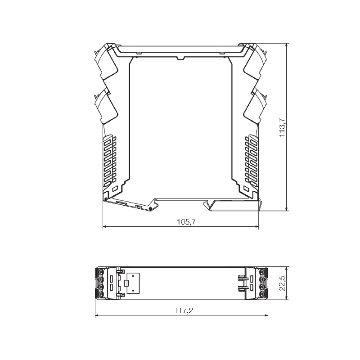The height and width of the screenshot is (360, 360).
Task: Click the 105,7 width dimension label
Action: coord(186,222)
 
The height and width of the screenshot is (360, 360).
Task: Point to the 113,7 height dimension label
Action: coord(282,128)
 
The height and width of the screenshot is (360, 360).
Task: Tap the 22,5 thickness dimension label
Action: coord(282,283)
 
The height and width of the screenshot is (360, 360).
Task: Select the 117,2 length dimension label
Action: coord(184,310)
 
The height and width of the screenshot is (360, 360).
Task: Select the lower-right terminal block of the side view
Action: coord(255,107)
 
